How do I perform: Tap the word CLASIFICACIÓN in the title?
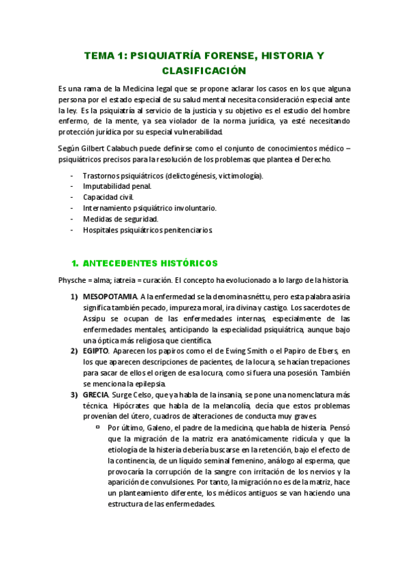(x=203, y=70)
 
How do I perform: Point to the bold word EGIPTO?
(x=95, y=351)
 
